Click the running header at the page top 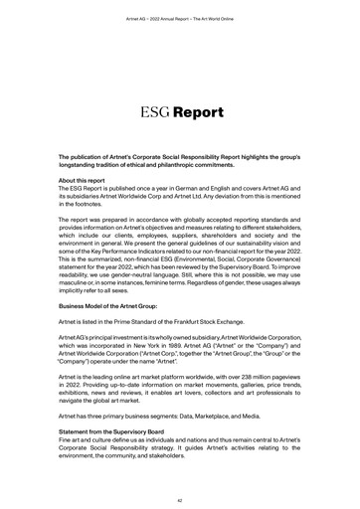(179, 19)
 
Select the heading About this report (89, 180)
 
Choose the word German (201, 188)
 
